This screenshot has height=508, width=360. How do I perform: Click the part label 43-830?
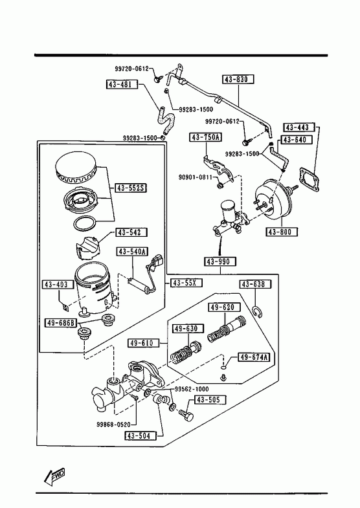(238, 80)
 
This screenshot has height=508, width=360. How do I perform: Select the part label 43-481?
(122, 85)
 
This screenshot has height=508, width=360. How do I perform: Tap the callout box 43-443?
(299, 127)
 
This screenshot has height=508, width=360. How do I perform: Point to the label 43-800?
(282, 232)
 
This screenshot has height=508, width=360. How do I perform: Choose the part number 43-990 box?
(220, 261)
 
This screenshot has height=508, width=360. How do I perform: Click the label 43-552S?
(131, 188)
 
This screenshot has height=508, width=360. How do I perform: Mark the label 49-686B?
(61, 323)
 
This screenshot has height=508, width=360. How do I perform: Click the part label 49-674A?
(254, 357)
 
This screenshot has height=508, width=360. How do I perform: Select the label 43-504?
(140, 436)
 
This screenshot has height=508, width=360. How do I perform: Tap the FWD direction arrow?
(54, 476)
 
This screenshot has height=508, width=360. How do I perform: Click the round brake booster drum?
(273, 200)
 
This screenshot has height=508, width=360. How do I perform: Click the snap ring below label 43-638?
(258, 312)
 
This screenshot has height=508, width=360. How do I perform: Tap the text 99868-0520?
(113, 425)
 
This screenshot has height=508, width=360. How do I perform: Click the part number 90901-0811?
(196, 177)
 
